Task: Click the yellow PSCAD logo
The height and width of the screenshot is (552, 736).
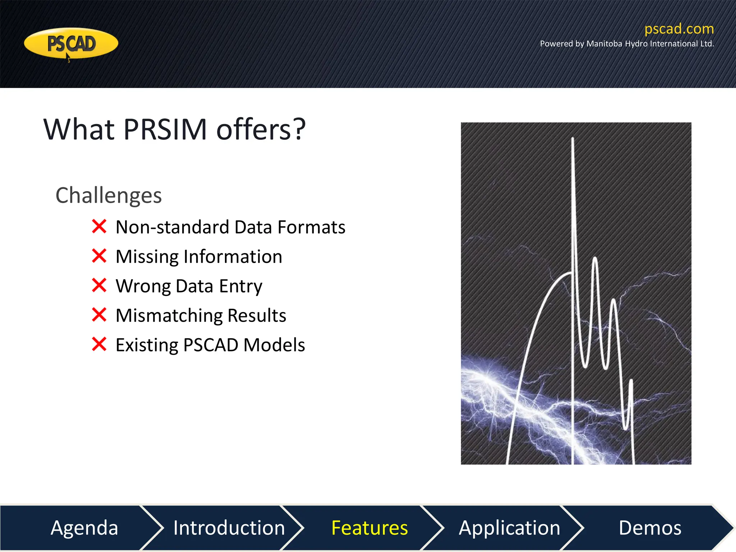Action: coord(71,43)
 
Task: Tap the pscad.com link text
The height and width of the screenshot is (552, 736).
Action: coord(679,29)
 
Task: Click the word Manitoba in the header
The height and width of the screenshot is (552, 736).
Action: coord(604,44)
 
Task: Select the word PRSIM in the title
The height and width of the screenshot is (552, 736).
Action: coord(165,129)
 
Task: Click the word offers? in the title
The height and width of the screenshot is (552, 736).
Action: coord(261,129)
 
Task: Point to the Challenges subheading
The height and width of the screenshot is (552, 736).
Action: coord(109,195)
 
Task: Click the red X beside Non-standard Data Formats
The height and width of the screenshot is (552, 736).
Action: coord(99,226)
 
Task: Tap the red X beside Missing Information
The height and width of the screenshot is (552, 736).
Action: coord(99,256)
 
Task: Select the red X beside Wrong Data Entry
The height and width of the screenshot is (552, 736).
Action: coord(99,285)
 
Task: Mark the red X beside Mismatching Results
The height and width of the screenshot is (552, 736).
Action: coord(99,315)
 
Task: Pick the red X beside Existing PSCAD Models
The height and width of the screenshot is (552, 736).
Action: coord(99,344)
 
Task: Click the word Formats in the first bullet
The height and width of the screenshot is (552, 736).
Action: coord(311,227)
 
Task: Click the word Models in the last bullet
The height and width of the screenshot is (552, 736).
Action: coord(274,345)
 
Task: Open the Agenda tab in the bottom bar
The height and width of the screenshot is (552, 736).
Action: coord(84,528)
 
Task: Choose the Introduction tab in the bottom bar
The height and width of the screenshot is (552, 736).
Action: coord(229,528)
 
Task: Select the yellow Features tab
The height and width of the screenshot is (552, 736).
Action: coord(369,528)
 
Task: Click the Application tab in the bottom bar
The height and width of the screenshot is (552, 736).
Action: coord(509,528)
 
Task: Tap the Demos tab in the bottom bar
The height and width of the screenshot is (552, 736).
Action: coord(650,528)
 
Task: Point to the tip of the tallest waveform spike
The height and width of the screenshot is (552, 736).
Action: coord(572,139)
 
